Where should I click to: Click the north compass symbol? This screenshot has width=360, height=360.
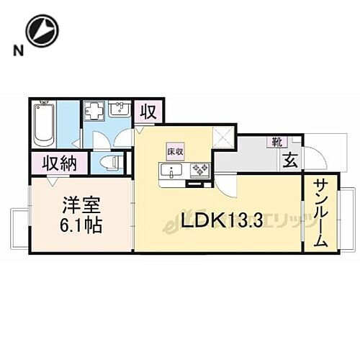point(41,30)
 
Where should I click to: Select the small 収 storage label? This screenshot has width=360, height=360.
point(148,113)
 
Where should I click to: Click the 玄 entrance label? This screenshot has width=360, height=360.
point(289,161)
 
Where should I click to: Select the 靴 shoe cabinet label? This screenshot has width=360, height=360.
point(277,142)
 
